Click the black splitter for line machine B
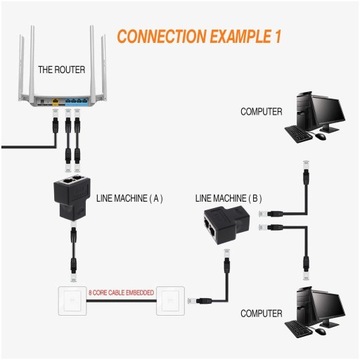coord(229,225)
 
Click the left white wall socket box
coord(69,299)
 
